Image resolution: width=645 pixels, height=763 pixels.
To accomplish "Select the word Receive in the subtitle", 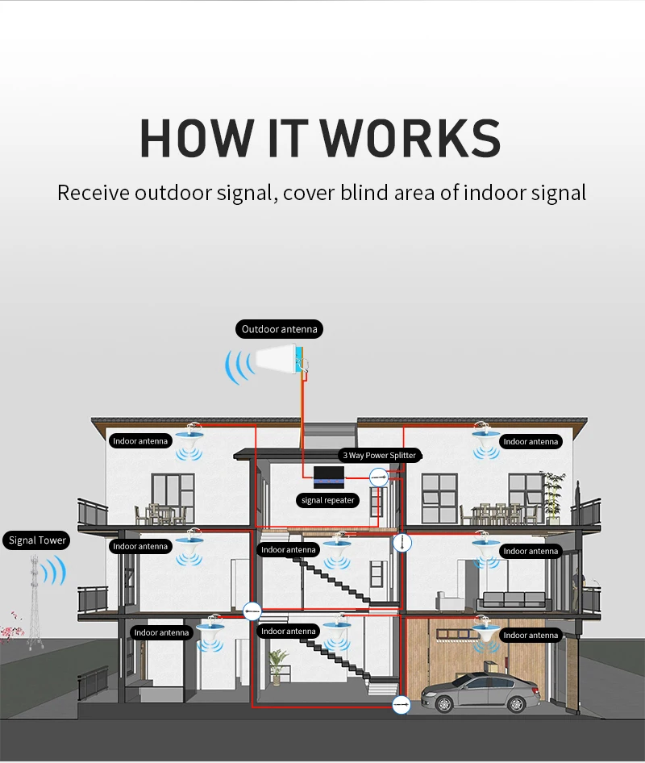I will pos(93,193).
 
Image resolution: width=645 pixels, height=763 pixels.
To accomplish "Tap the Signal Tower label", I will pos(37,540).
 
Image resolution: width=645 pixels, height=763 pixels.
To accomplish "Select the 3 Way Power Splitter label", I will pos(379,456).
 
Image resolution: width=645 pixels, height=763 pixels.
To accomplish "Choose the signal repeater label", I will pos(327,500).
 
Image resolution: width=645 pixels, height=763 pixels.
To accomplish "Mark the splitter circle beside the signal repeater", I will pos(378,477).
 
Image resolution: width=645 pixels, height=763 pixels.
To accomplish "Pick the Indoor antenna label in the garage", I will pos(530,636).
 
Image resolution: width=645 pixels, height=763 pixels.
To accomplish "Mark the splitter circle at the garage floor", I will pos(401,706).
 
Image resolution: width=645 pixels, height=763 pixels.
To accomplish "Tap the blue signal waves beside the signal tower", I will pos(53,572).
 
